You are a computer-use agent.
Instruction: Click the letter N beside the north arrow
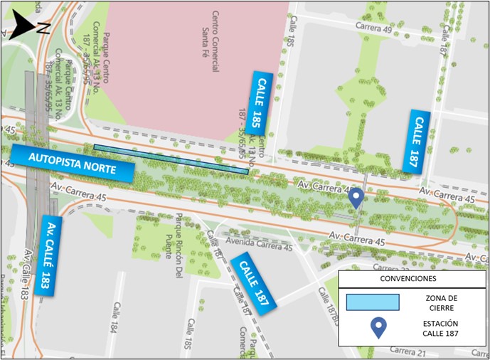point(43,28)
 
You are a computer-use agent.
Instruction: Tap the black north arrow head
point(23,27)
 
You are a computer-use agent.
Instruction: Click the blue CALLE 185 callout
point(262,103)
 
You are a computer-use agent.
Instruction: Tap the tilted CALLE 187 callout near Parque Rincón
point(254,281)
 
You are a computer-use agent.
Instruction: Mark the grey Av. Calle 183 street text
point(26,274)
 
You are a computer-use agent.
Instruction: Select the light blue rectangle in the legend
point(373,302)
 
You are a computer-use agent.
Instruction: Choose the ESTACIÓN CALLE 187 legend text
point(446,329)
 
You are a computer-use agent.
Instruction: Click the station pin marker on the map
point(358,198)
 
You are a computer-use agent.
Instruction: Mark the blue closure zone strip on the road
point(171,159)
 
